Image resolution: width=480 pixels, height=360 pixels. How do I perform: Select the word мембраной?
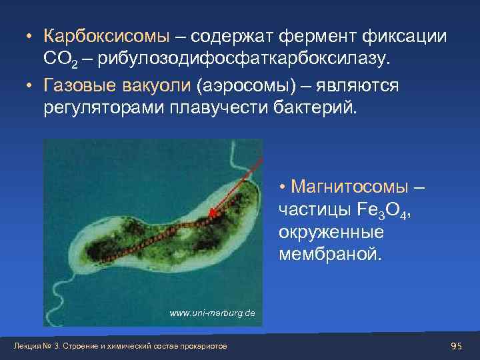(327, 256)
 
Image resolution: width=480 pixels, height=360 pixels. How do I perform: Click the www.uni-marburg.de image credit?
(212, 313)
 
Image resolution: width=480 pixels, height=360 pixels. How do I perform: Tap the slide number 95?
(456, 345)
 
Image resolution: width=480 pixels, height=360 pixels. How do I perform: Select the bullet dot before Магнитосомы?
(283, 186)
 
